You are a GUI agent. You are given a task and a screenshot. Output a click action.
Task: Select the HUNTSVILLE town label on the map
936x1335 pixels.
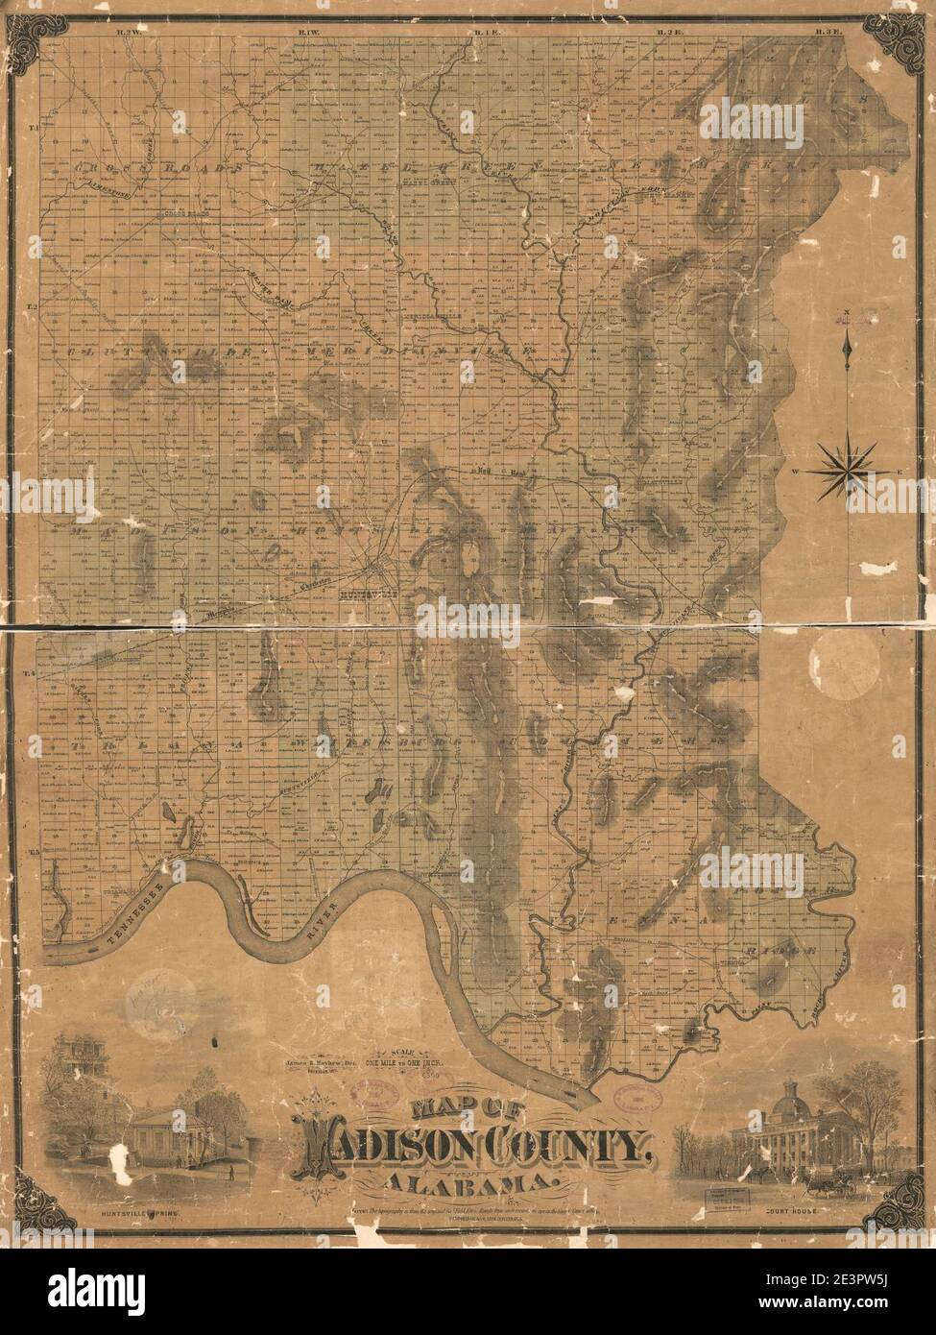[x=357, y=594]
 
